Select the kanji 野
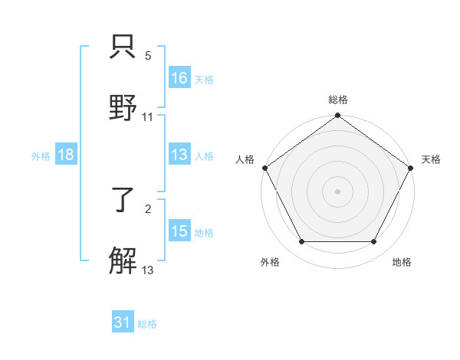123,108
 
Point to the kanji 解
123,261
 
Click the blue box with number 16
179,78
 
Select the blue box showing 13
179,155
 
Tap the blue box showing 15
179,231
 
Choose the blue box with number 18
65,155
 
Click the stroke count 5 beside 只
148,56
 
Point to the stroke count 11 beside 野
148,117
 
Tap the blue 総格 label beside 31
147,324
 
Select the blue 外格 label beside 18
41,155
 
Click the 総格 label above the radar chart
338,100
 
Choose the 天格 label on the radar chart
431,159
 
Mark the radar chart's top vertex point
337,116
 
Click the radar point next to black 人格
264,168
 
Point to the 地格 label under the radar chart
402,263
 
